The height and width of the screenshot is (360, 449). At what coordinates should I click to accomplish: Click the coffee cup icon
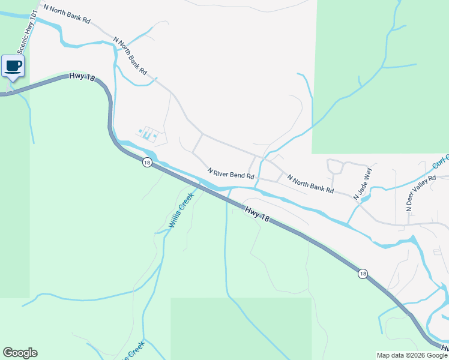coord(13,65)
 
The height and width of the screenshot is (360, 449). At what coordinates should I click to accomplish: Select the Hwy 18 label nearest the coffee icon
coord(82,77)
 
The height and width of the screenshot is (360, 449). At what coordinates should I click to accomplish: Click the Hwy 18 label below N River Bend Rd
coord(257,213)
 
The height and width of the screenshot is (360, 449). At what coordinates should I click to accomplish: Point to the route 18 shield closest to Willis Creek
coord(147,162)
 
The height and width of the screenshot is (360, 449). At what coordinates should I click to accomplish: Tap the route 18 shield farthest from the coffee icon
coord(363,274)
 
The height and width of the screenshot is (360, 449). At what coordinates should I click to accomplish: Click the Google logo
coord(20,353)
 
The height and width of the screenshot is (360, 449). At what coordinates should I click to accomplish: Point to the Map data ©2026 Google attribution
coord(412,355)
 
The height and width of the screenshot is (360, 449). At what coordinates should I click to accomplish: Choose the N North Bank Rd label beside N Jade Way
coord(310,184)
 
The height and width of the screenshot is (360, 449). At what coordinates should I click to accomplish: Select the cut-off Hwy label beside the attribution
coord(444,347)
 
